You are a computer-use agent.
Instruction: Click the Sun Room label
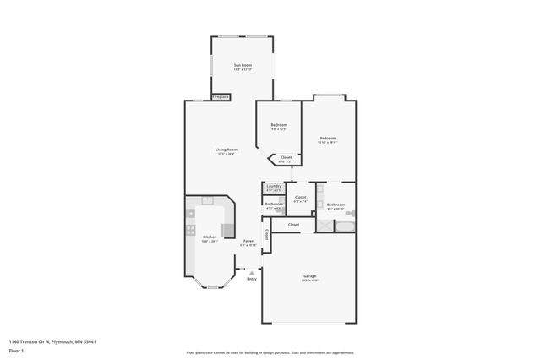[243, 65]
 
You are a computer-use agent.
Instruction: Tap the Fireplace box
[221, 97]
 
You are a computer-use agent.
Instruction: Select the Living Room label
[225, 150]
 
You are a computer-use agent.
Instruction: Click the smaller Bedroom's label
[278, 125]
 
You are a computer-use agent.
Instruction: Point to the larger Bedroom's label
[327, 138]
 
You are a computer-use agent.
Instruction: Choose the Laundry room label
[273, 187]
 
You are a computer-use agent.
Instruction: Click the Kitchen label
[209, 238]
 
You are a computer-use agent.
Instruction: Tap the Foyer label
[248, 242]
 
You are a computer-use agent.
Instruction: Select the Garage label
[309, 277]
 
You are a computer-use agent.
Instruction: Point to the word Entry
[251, 279]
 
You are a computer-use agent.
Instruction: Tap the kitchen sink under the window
[206, 199]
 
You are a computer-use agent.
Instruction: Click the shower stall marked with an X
[326, 226]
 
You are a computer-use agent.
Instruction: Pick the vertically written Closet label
[266, 234]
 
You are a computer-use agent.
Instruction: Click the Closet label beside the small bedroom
[286, 157]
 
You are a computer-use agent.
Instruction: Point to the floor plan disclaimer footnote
[270, 352]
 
